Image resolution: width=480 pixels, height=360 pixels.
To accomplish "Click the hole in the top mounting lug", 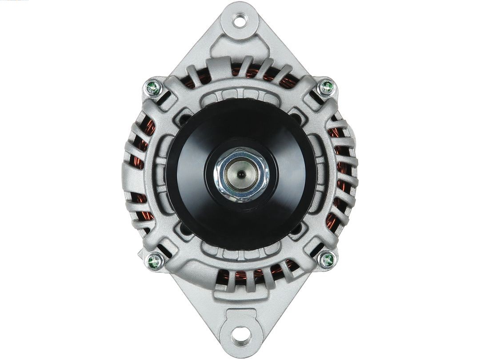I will click(x=240, y=20).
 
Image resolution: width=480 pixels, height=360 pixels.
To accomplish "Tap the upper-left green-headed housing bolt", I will click(x=153, y=88).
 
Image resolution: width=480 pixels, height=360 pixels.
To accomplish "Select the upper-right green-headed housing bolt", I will click(x=327, y=87).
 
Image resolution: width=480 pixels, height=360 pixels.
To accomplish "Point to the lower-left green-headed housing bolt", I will click(x=155, y=260).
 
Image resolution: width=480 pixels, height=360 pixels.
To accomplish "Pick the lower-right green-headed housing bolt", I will click(x=327, y=259).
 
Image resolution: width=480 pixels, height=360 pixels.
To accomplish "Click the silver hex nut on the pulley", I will click(x=240, y=174).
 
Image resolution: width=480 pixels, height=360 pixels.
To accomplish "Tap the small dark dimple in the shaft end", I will click(x=240, y=175).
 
